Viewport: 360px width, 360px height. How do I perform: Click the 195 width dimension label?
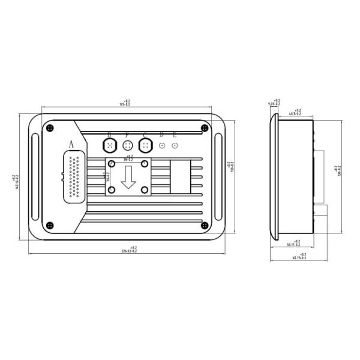126,103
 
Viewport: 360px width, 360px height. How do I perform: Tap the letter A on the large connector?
71,144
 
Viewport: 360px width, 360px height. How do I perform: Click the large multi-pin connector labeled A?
73,178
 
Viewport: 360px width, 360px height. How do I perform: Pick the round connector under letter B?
109,145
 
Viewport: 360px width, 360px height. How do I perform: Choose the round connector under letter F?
127,145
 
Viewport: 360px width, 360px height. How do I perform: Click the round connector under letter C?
145,145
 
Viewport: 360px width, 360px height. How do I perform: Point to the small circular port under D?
161,145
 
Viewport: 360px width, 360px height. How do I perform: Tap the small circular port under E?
175,145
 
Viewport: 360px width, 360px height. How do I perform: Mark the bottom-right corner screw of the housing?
205,225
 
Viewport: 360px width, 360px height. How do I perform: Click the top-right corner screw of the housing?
205,127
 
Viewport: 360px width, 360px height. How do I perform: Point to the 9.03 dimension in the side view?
275,103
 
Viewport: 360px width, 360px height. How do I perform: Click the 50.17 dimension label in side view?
294,244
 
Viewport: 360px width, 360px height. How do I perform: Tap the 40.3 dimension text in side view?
295,112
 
